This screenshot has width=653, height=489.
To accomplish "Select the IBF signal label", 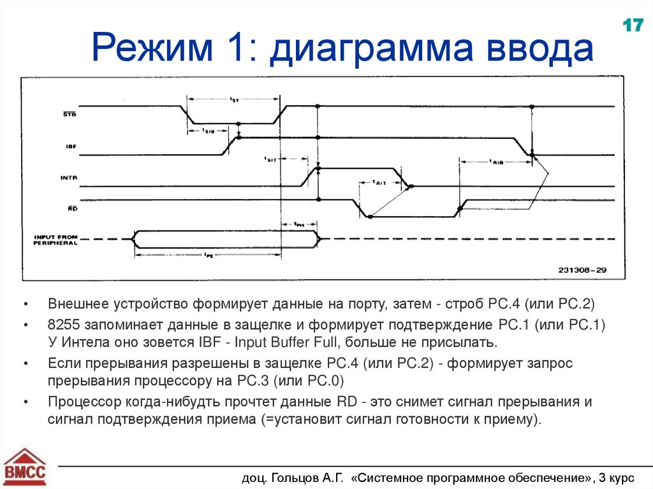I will point(71,147).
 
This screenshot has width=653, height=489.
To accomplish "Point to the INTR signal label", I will point(69,179).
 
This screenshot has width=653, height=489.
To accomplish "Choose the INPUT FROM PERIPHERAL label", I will point(55,240).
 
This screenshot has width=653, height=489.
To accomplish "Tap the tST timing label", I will point(234,99).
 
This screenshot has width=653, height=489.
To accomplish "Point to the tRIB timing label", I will point(497,162).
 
